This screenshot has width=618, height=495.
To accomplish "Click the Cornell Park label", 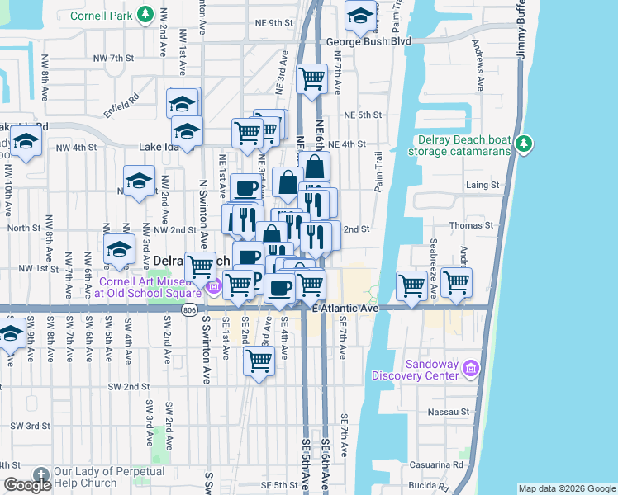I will point(101,15).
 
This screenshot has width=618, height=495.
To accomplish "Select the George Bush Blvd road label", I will point(368,40).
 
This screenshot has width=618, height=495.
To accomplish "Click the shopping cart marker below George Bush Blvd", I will point(311,80).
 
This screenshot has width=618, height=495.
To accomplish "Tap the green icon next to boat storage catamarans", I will point(523,144).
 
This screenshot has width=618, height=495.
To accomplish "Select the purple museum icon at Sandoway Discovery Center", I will point(472,368).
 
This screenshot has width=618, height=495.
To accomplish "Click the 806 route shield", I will point(191,309).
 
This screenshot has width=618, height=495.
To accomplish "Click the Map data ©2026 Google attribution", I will point(567,488).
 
